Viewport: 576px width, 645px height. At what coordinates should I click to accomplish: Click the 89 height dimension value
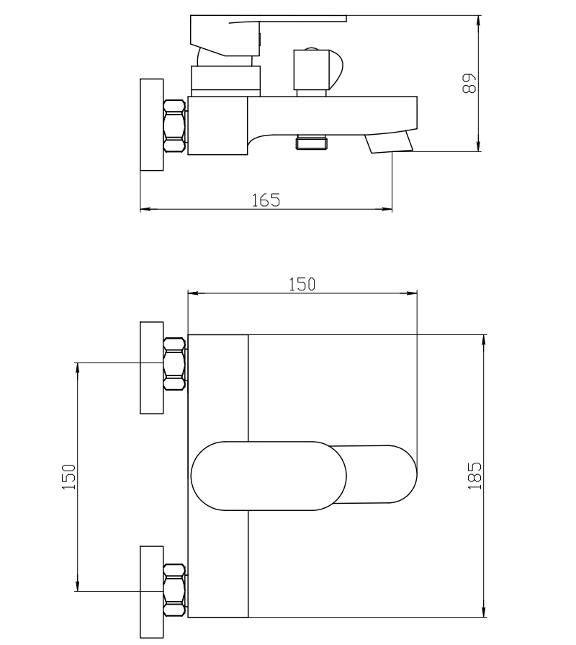[469, 84]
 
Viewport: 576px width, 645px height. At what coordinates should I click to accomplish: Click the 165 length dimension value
[266, 200]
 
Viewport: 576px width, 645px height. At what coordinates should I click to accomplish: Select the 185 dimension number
[474, 476]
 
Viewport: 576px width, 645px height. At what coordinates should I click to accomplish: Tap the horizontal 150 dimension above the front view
[302, 284]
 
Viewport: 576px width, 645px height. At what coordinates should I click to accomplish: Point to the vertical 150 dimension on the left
[69, 477]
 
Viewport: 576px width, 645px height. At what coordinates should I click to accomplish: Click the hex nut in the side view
[175, 126]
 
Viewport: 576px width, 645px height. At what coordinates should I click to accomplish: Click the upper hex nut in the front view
[175, 364]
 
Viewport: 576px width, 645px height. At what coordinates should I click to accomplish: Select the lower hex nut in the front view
[175, 590]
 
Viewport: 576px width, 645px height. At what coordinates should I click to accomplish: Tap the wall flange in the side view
[152, 125]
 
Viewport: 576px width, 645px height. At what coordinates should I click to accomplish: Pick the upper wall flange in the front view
[152, 368]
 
